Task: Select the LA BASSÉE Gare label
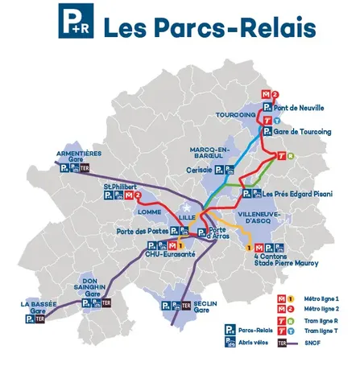pyautogui.click(x=39, y=307)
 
